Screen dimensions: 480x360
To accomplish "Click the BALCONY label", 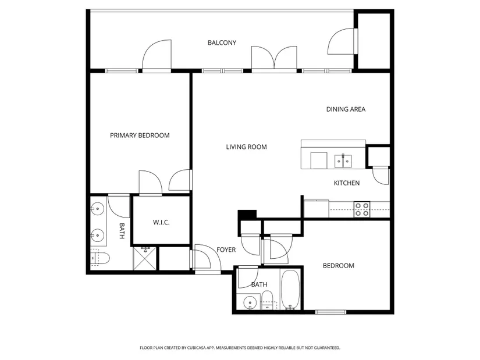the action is [222, 42].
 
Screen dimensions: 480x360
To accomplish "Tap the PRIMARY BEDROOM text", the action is [140, 136].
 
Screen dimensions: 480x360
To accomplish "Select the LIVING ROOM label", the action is [247, 147].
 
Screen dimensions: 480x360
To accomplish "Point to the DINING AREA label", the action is [346, 109].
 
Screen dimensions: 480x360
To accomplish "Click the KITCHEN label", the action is [347, 183].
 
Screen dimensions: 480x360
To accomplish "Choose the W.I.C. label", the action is [161, 223].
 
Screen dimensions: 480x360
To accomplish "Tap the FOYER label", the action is [226, 250].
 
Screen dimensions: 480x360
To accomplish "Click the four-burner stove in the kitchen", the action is [362, 209].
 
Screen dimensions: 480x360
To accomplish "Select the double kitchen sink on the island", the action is [343, 161].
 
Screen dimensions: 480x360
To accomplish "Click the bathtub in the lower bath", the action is [290, 290].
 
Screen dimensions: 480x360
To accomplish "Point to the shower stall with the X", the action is [144, 259].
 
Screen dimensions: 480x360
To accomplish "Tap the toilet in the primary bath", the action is [100, 258].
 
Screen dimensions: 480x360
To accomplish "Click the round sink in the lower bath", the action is [250, 303].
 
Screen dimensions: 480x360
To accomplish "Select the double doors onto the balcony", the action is [274, 58].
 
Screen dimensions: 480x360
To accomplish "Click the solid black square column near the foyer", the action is [247, 215].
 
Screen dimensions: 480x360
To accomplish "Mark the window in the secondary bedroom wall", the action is [330, 312].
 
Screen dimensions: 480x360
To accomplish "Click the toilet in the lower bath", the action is [268, 300].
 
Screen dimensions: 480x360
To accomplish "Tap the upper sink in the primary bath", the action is [97, 209].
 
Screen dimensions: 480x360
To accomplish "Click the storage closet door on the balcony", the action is [342, 42].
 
